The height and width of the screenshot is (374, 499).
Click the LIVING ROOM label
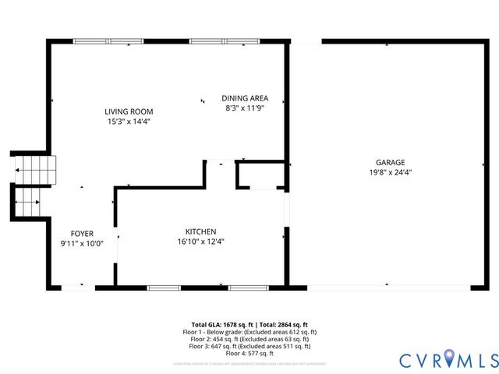pos(129,111)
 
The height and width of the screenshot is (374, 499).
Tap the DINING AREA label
pos(245,98)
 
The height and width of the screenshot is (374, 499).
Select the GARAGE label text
pos(390,162)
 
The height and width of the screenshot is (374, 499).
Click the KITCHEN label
pos(200,231)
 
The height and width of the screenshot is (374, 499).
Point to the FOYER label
pos(82,233)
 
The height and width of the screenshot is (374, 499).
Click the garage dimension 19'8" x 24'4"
pos(390,172)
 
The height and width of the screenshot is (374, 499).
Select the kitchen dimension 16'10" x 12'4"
pos(200,242)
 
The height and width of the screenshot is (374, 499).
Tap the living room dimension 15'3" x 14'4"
pos(129,122)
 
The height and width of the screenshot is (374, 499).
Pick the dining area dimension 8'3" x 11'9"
pos(245,108)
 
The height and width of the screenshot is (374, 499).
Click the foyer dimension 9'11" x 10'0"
pos(82,243)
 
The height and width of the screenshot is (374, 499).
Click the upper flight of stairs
pos(36,170)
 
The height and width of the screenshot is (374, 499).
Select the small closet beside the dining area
pos(260,175)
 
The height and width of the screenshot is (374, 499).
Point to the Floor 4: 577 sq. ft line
pos(249,353)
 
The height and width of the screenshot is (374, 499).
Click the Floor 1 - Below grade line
pos(249,332)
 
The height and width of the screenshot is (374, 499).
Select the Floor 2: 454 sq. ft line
pos(249,339)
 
